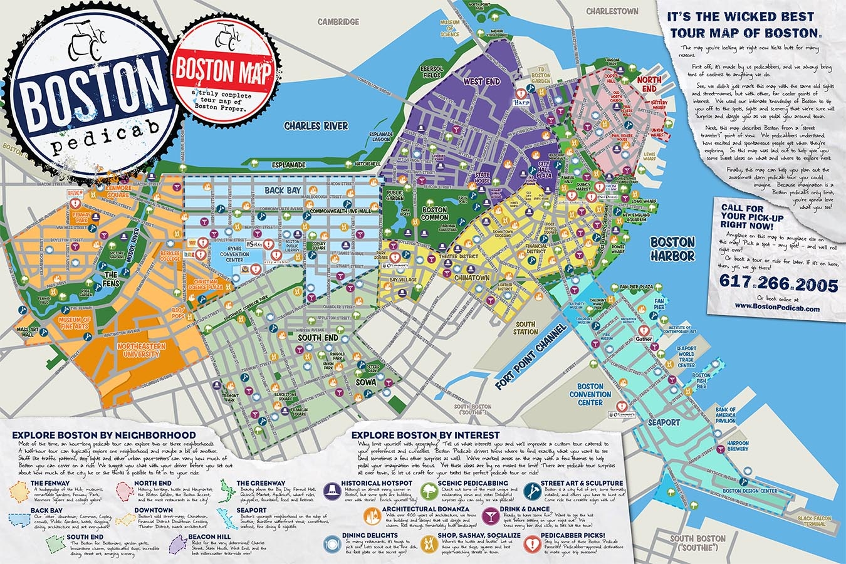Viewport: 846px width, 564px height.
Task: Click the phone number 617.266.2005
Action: tap(779, 285)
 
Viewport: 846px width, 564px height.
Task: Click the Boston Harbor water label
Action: tap(672, 249)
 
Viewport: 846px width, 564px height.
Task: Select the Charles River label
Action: tap(316, 126)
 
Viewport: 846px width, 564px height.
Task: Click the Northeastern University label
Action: tap(140, 350)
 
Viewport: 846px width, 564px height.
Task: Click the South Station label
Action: tap(525, 328)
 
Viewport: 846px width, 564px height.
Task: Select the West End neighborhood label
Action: tap(481, 82)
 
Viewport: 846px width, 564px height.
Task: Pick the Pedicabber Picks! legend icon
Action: tap(533, 543)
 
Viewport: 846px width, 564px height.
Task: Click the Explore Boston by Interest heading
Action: tap(426, 434)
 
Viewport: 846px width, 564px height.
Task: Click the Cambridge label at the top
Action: tap(338, 22)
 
